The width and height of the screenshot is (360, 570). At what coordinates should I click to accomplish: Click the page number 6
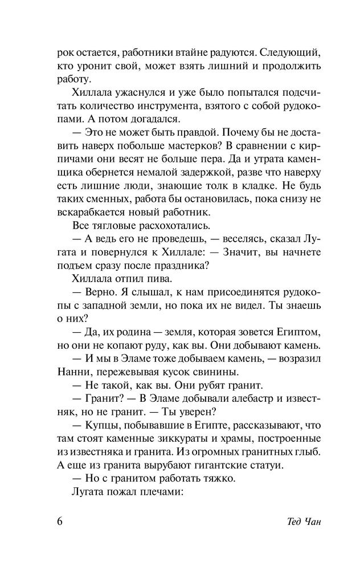click(x=61, y=523)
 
